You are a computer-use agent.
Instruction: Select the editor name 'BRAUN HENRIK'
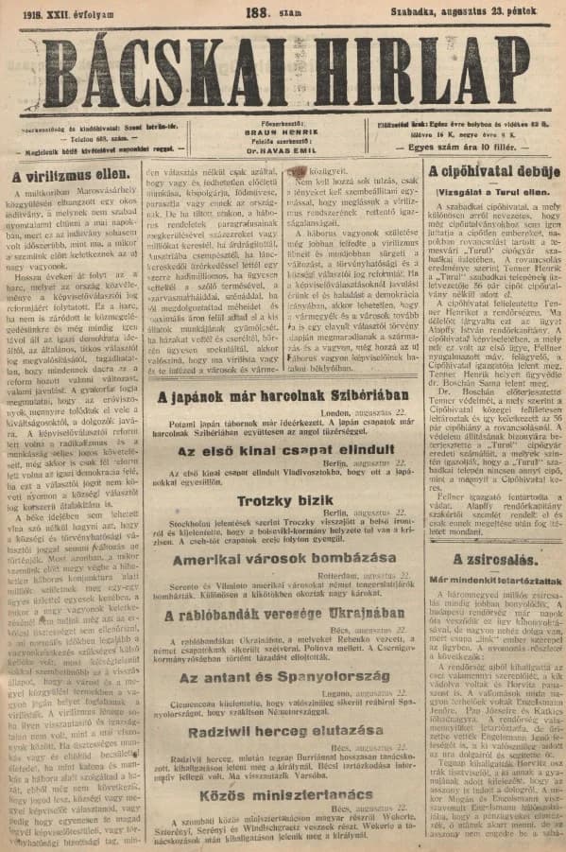coord(283,133)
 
